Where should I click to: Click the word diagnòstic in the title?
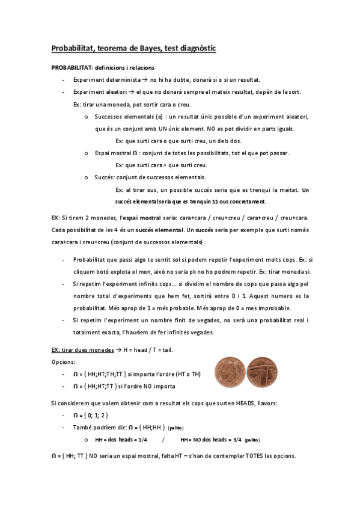(196, 48)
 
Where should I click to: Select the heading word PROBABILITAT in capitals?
(71, 68)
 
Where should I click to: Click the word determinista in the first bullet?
(122, 80)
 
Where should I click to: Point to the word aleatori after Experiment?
(118, 92)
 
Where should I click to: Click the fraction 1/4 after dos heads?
(142, 440)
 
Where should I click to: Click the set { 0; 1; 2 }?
(96, 416)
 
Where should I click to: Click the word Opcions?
(64, 362)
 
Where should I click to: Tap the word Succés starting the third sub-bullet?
(105, 177)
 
